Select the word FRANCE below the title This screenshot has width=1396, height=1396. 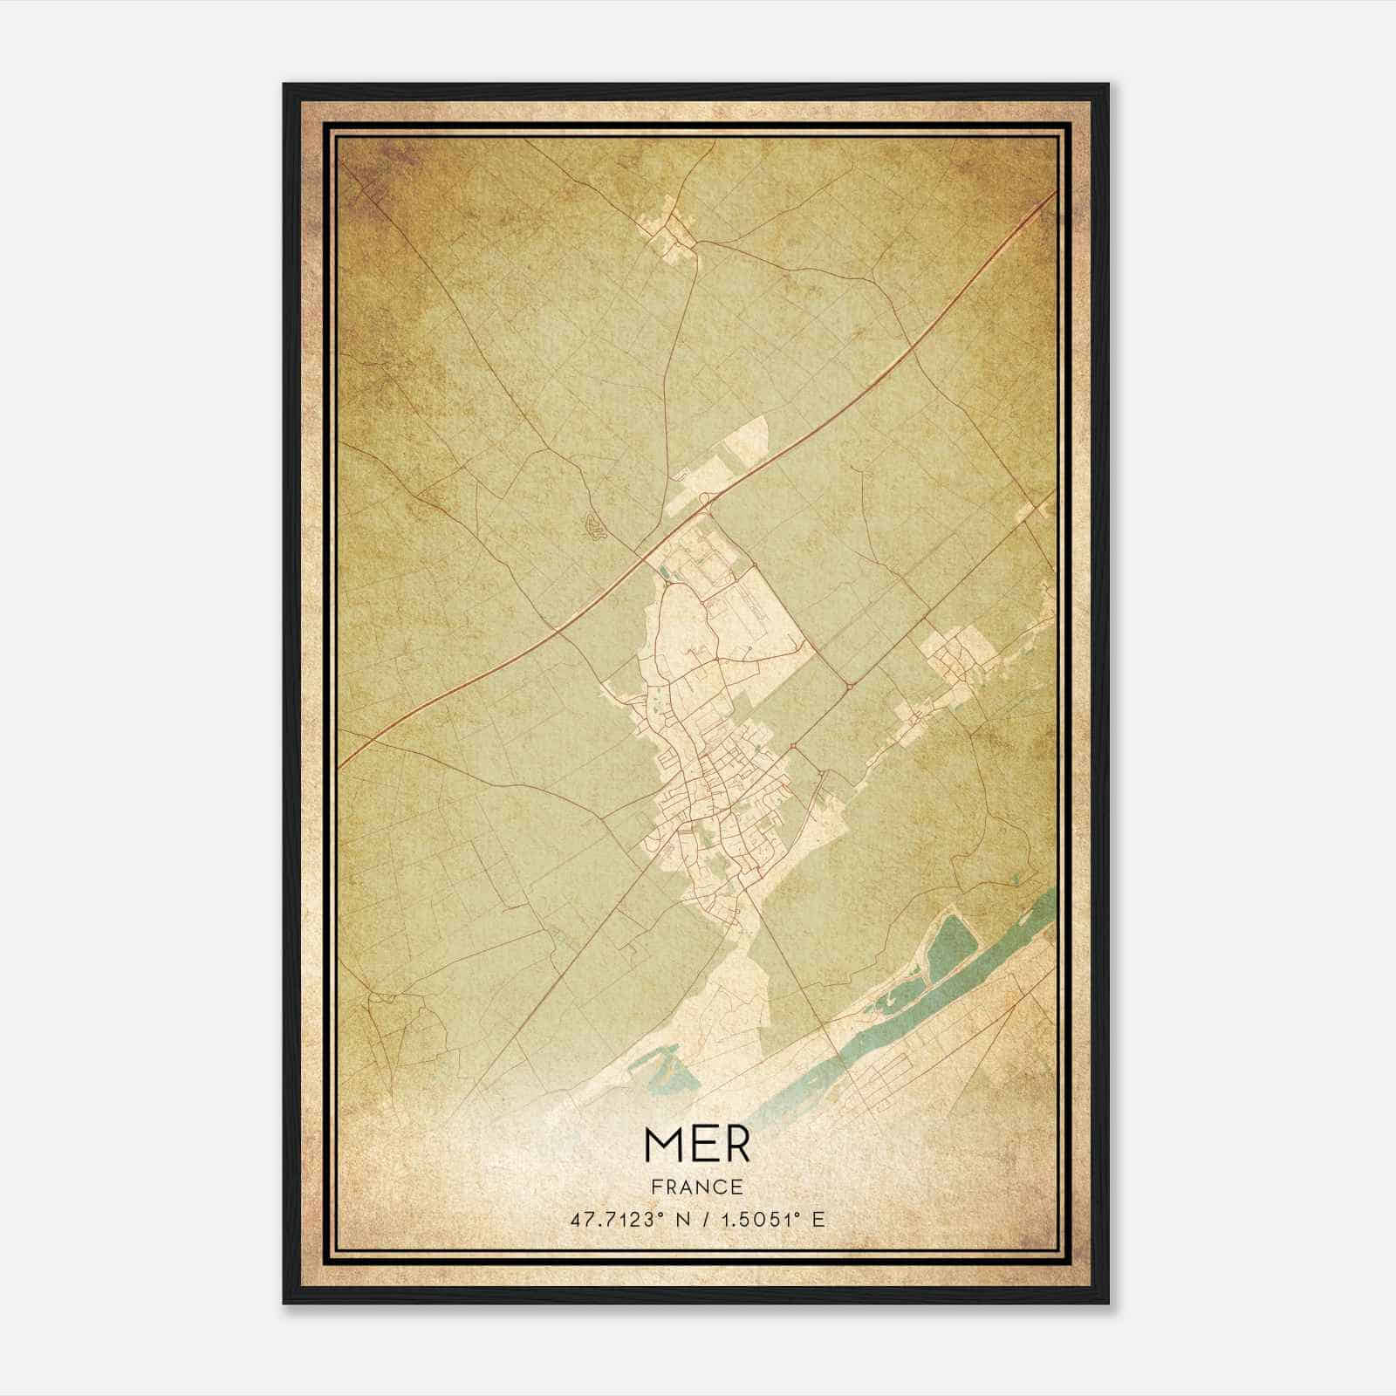pyautogui.click(x=696, y=1187)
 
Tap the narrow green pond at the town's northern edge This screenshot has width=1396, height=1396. pyautogui.click(x=666, y=572)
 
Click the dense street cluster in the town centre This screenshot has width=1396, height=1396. pyautogui.click(x=720, y=768)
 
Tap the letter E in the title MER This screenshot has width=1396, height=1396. pyautogui.click(x=703, y=1145)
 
